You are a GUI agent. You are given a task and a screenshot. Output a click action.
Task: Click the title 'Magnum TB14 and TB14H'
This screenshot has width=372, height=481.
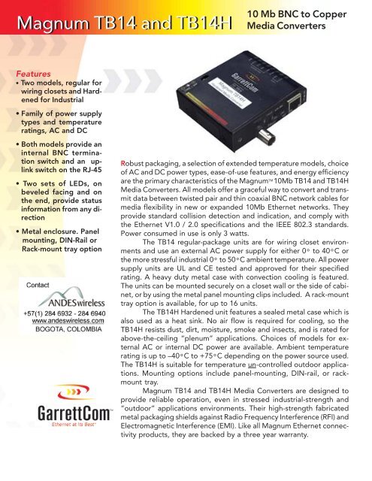(119, 29)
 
